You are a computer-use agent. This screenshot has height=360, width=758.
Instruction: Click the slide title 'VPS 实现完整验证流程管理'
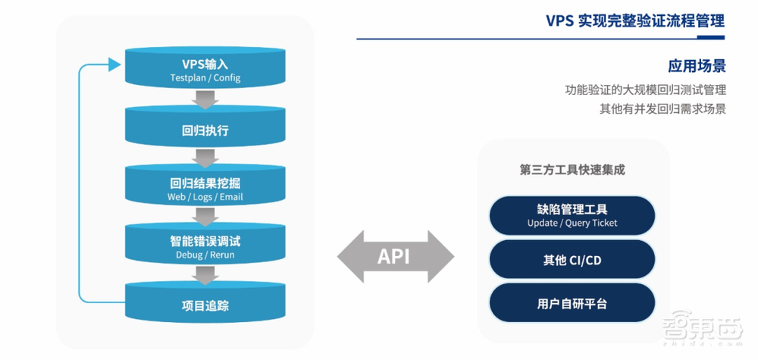coord(634,20)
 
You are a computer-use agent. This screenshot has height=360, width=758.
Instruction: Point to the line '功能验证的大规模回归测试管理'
coord(645,89)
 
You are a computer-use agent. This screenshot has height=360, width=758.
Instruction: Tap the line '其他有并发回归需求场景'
coord(662,109)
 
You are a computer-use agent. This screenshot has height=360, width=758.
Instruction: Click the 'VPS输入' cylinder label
coord(205,64)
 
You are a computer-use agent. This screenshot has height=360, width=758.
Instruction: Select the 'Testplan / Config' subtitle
coord(205,79)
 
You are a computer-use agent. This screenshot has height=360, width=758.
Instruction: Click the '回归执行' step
coord(205,130)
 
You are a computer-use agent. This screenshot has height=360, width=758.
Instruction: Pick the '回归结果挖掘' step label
coord(205,183)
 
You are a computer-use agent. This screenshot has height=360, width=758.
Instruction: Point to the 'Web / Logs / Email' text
coord(205,197)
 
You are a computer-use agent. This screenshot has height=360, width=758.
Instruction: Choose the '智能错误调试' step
coord(205,241)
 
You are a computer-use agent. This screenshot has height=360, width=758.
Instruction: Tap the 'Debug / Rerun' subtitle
coord(205,255)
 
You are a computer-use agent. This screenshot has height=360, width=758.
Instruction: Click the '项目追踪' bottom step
coord(205,305)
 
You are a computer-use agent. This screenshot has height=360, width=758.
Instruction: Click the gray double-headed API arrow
coord(394,256)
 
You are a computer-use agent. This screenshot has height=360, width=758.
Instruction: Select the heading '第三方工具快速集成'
coord(572,170)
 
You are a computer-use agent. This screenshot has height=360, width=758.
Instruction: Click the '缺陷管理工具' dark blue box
coord(572,208)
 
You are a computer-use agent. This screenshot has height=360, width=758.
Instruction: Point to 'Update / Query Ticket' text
coord(572,223)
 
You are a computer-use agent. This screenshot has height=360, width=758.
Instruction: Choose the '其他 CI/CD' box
coord(572,260)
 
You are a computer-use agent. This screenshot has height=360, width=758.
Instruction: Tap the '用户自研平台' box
coord(572,303)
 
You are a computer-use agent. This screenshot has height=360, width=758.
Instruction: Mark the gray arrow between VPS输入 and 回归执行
coord(205,99)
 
